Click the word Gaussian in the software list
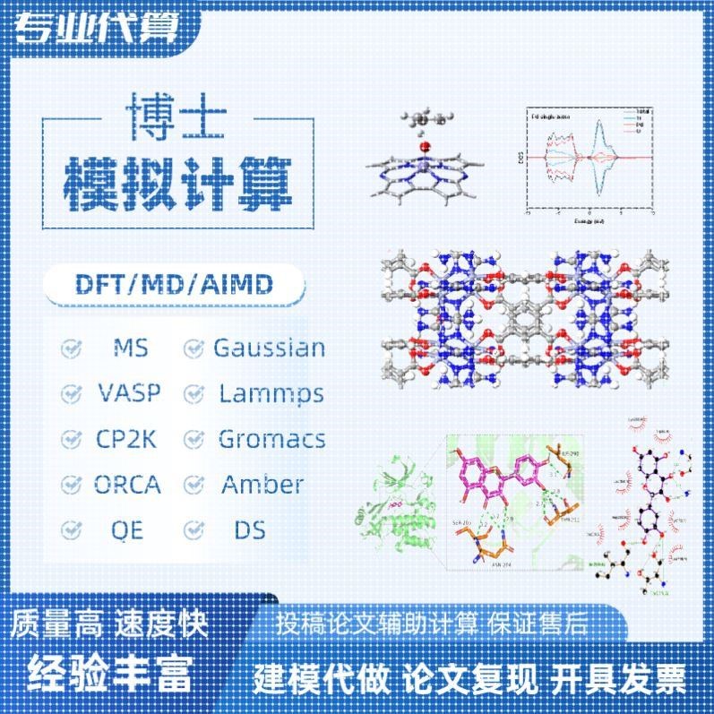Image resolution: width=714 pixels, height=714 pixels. coord(268,348)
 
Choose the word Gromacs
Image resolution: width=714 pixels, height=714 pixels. coord(271,439)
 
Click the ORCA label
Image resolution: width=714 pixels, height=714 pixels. coord(128,485)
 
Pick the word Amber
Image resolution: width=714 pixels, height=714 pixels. coord(262,485)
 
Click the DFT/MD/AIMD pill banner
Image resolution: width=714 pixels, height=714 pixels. coord(173,287)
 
